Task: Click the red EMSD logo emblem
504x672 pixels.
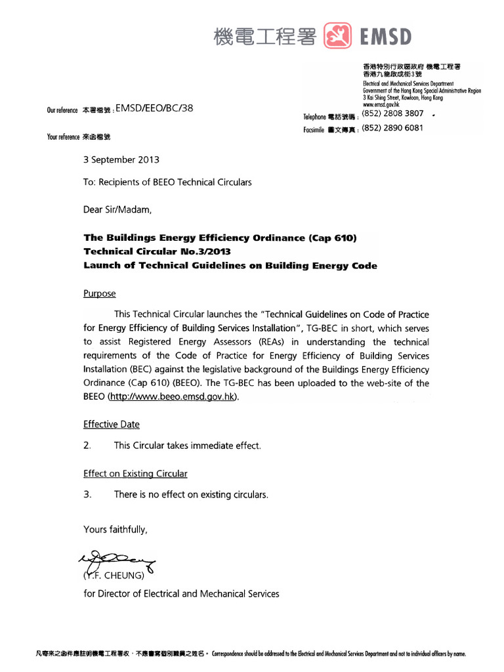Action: (338, 36)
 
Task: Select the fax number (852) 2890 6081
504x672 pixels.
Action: (392, 128)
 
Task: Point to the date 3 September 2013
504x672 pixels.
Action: (121, 159)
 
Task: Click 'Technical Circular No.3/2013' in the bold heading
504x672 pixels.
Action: (157, 252)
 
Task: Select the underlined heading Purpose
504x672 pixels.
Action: (99, 293)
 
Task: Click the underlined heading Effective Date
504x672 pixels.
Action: (111, 424)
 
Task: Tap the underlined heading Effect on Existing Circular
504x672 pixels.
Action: (135, 473)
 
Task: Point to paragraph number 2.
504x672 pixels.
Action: (87, 446)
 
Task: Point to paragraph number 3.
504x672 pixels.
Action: (87, 495)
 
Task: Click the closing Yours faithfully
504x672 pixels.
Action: (115, 529)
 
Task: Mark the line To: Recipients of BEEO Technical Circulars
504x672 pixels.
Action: (167, 182)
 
